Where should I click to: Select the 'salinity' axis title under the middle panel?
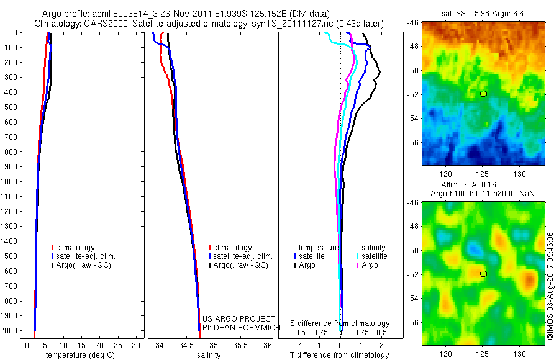point(208,355)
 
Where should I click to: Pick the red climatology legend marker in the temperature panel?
point(53,248)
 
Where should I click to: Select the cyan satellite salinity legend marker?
point(358,256)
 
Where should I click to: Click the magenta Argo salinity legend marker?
point(358,265)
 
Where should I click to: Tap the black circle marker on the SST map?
point(483,94)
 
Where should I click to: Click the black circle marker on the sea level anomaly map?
point(483,274)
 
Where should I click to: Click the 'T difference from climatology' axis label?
point(339,355)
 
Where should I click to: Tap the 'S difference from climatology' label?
point(340,323)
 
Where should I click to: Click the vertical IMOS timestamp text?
point(551,286)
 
